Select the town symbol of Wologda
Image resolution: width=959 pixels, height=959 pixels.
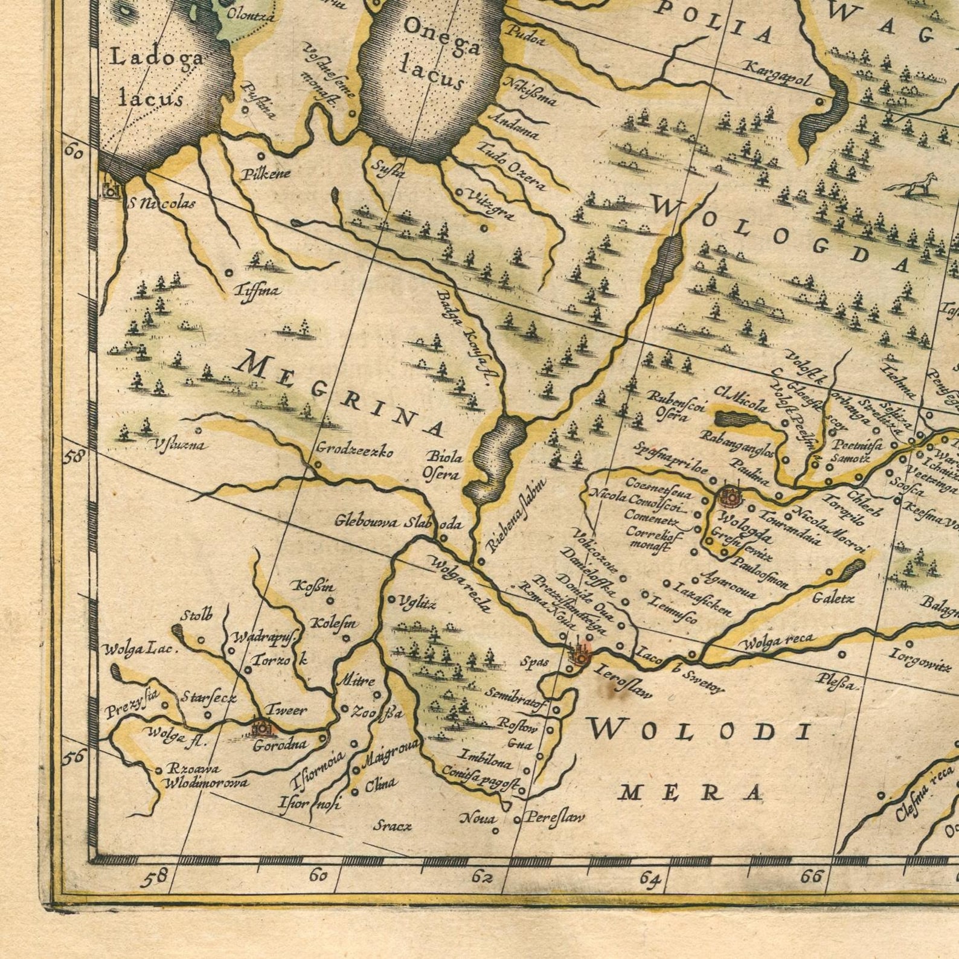[729, 496]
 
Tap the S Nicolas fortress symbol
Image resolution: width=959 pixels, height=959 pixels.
[111, 190]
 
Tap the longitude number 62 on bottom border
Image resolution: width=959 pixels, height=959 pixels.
[481, 876]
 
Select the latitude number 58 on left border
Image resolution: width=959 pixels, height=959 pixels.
[74, 456]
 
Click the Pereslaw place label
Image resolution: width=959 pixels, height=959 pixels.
[554, 818]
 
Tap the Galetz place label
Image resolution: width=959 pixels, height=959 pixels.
[833, 598]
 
